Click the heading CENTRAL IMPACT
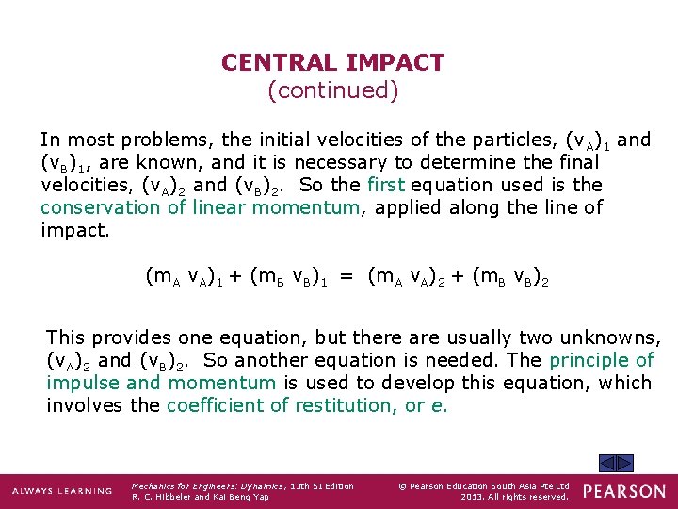pyautogui.click(x=332, y=63)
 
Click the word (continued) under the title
pyautogui.click(x=332, y=90)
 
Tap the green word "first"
pyautogui.click(x=387, y=185)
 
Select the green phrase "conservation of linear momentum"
pyautogui.click(x=200, y=207)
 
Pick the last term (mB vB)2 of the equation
pyautogui.click(x=509, y=277)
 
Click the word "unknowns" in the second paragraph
pyautogui.click(x=610, y=337)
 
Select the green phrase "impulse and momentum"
pyautogui.click(x=161, y=383)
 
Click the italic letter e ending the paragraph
pyautogui.click(x=442, y=406)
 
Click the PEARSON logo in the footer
pyautogui.click(x=623, y=491)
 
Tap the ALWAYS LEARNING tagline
pyautogui.click(x=61, y=491)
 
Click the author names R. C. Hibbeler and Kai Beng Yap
pyautogui.click(x=200, y=497)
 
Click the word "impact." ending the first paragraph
pyautogui.click(x=75, y=230)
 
